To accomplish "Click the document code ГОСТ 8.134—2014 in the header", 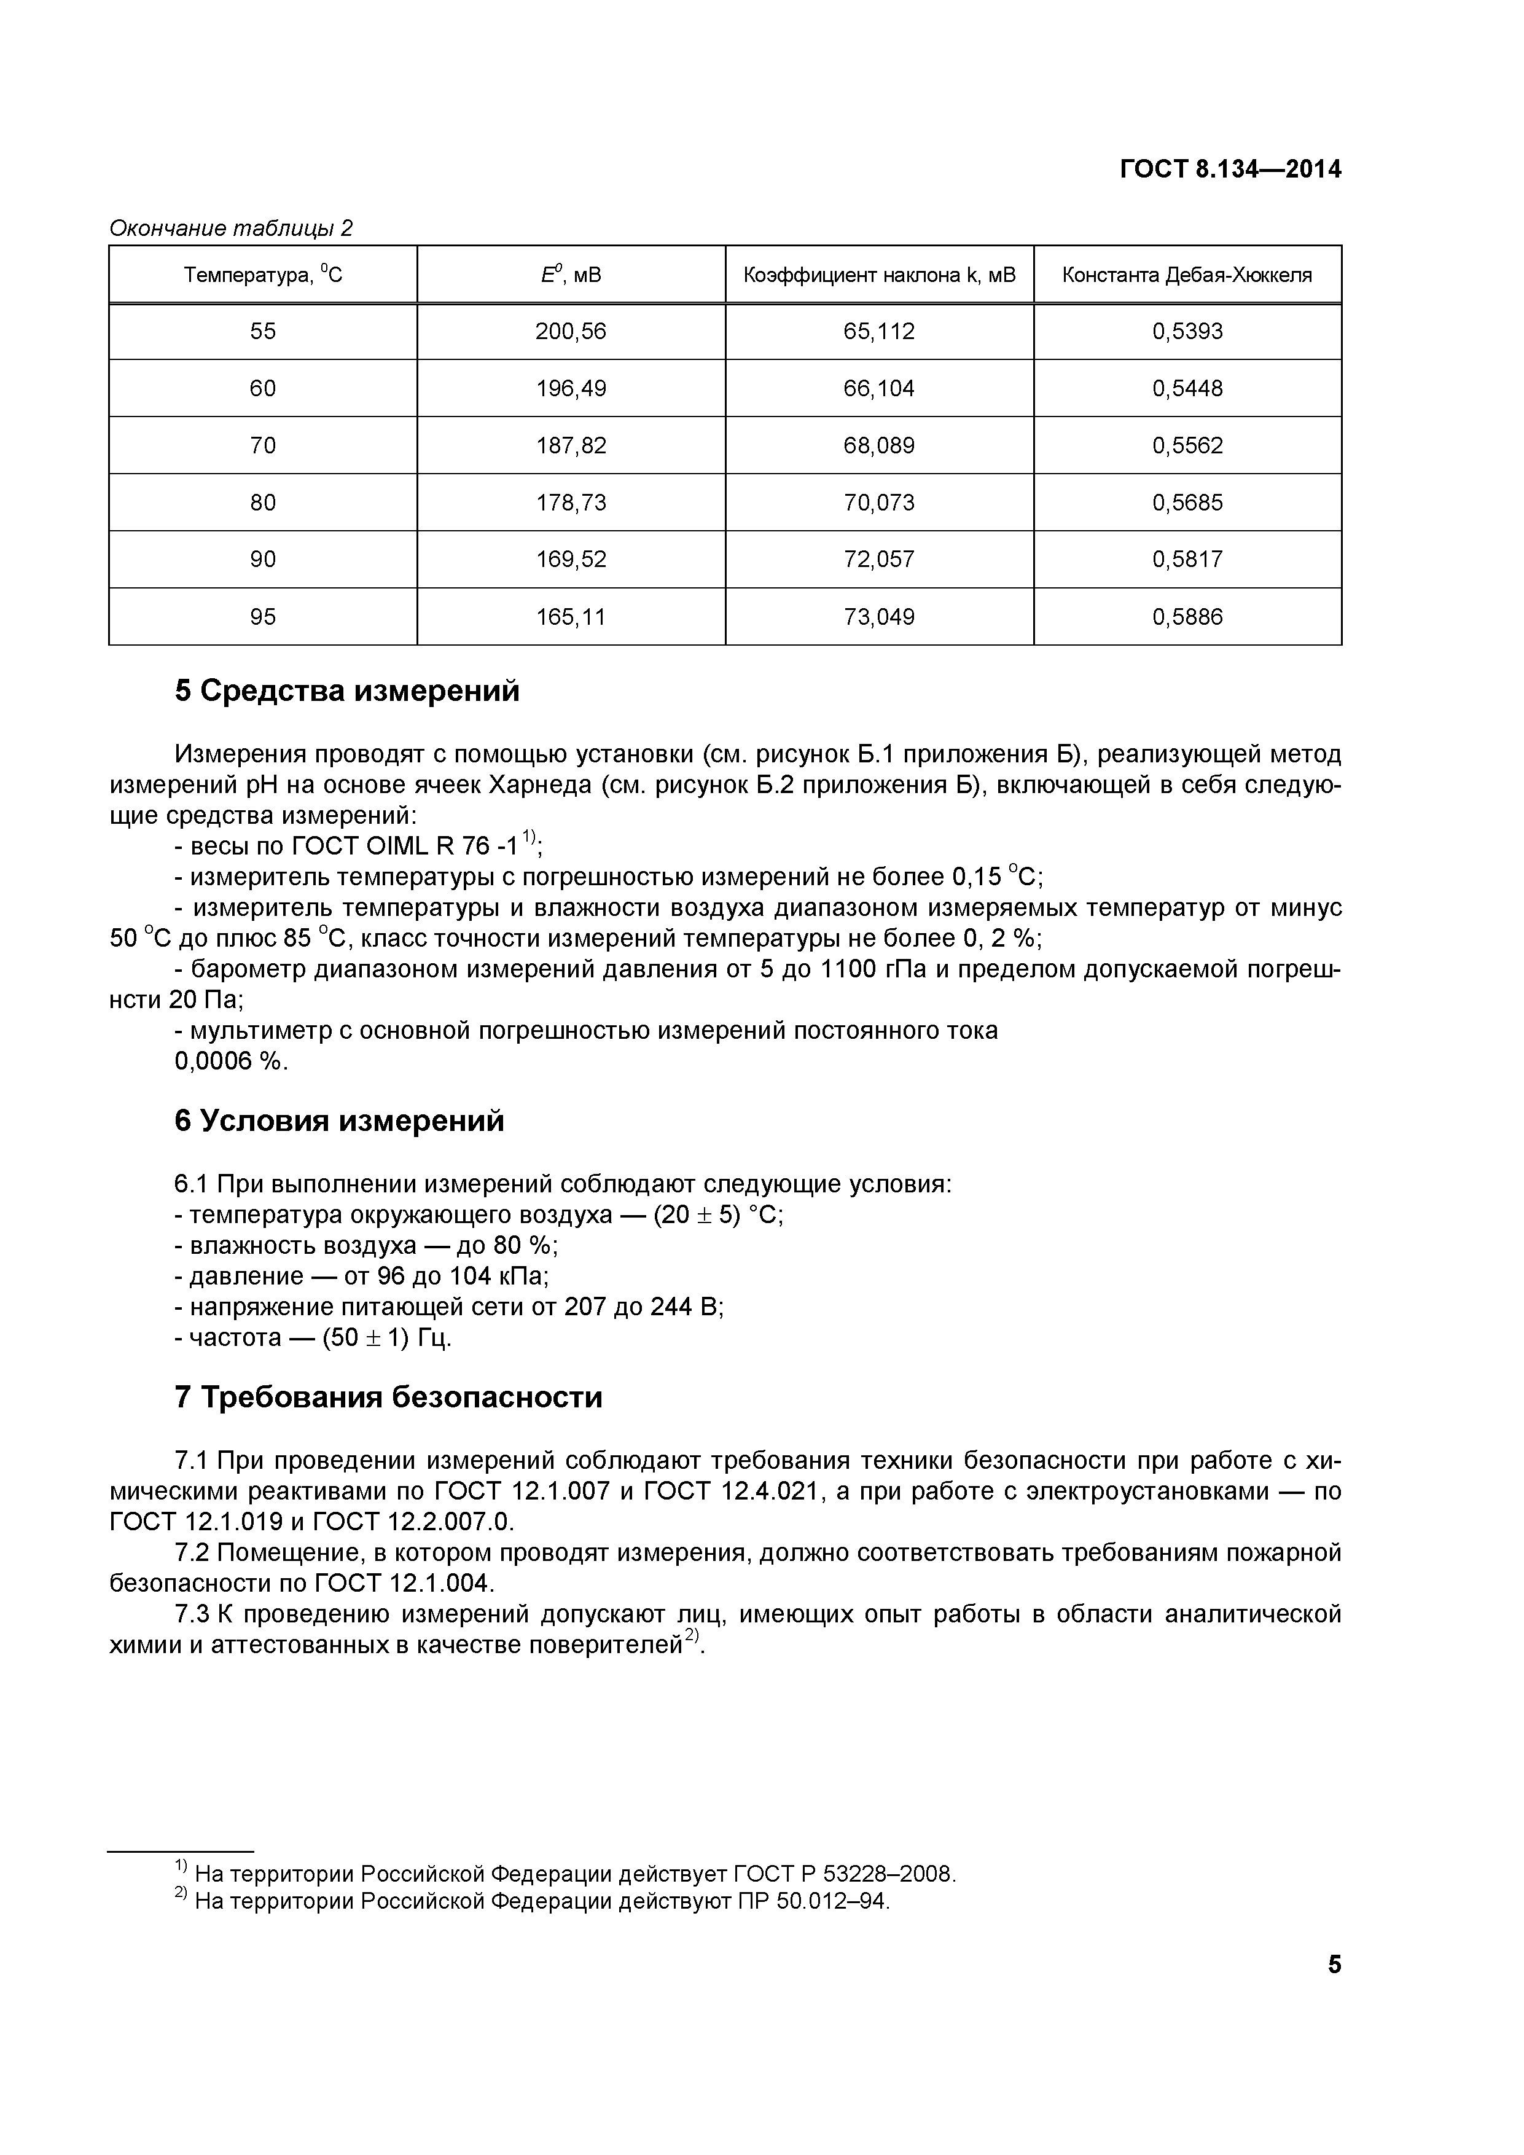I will [x=1230, y=170].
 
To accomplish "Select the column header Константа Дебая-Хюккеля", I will [x=1187, y=275].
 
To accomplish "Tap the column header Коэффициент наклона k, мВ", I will [x=879, y=275].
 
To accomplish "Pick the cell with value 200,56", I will [x=571, y=331].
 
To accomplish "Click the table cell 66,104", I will [x=879, y=389].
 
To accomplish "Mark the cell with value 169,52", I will [x=571, y=560].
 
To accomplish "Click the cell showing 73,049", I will [x=879, y=617].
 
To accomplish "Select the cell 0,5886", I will [x=1187, y=617].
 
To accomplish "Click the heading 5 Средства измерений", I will [x=346, y=692].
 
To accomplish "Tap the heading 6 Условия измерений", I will [x=339, y=1121].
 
